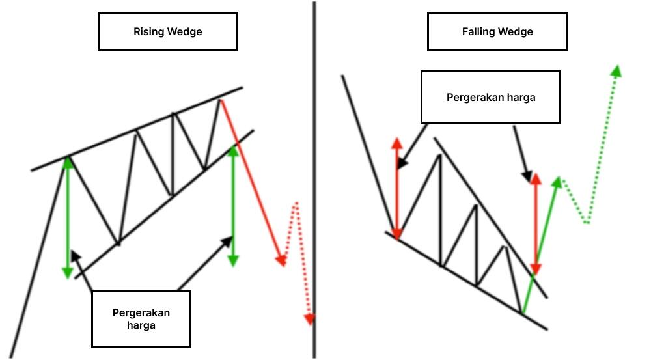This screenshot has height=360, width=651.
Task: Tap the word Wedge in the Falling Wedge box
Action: click(x=517, y=31)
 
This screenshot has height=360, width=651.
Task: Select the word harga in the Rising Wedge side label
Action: click(x=141, y=325)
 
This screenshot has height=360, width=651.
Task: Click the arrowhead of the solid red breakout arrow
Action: click(x=281, y=260)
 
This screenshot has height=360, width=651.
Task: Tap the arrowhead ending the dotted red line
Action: click(x=309, y=318)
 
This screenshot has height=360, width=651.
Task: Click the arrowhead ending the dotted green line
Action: click(x=615, y=70)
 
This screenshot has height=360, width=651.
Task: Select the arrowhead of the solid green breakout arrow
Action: click(x=557, y=182)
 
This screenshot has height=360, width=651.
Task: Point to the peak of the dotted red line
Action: click(x=296, y=204)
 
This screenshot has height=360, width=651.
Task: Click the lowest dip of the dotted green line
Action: click(x=587, y=222)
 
